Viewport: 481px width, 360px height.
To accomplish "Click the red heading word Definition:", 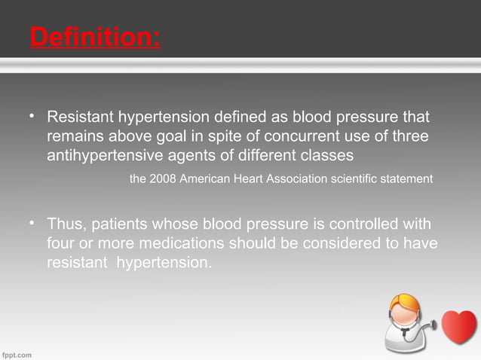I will coord(95,36).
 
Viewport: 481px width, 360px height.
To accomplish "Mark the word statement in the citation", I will coord(406,179).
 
